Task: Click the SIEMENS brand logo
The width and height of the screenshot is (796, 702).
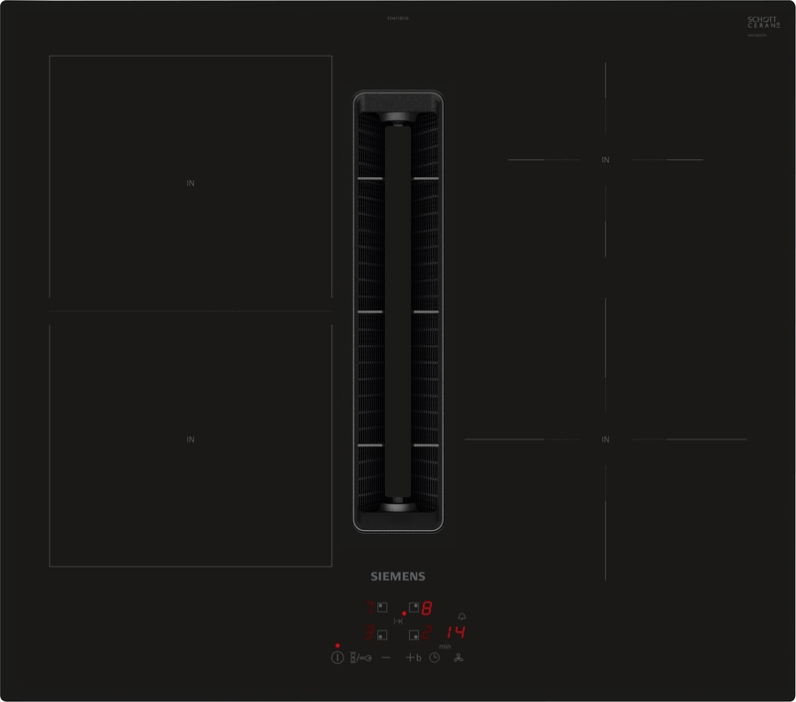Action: (x=398, y=575)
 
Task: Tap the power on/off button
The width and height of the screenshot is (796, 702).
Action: (x=337, y=657)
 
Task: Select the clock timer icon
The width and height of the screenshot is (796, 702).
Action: (x=434, y=657)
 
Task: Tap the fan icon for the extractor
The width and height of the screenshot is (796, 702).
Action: (x=459, y=657)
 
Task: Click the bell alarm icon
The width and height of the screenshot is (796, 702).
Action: (x=461, y=615)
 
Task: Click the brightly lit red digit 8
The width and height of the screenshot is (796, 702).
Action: (x=426, y=609)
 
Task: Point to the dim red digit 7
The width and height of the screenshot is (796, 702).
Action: (x=370, y=608)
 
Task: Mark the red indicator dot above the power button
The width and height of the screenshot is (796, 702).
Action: (x=337, y=645)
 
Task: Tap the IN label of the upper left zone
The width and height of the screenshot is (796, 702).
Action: (x=190, y=184)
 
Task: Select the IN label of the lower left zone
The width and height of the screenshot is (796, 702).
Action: (x=190, y=439)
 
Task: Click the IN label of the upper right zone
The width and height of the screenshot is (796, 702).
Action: (x=604, y=160)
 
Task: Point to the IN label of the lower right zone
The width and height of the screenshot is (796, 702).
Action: (x=604, y=439)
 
